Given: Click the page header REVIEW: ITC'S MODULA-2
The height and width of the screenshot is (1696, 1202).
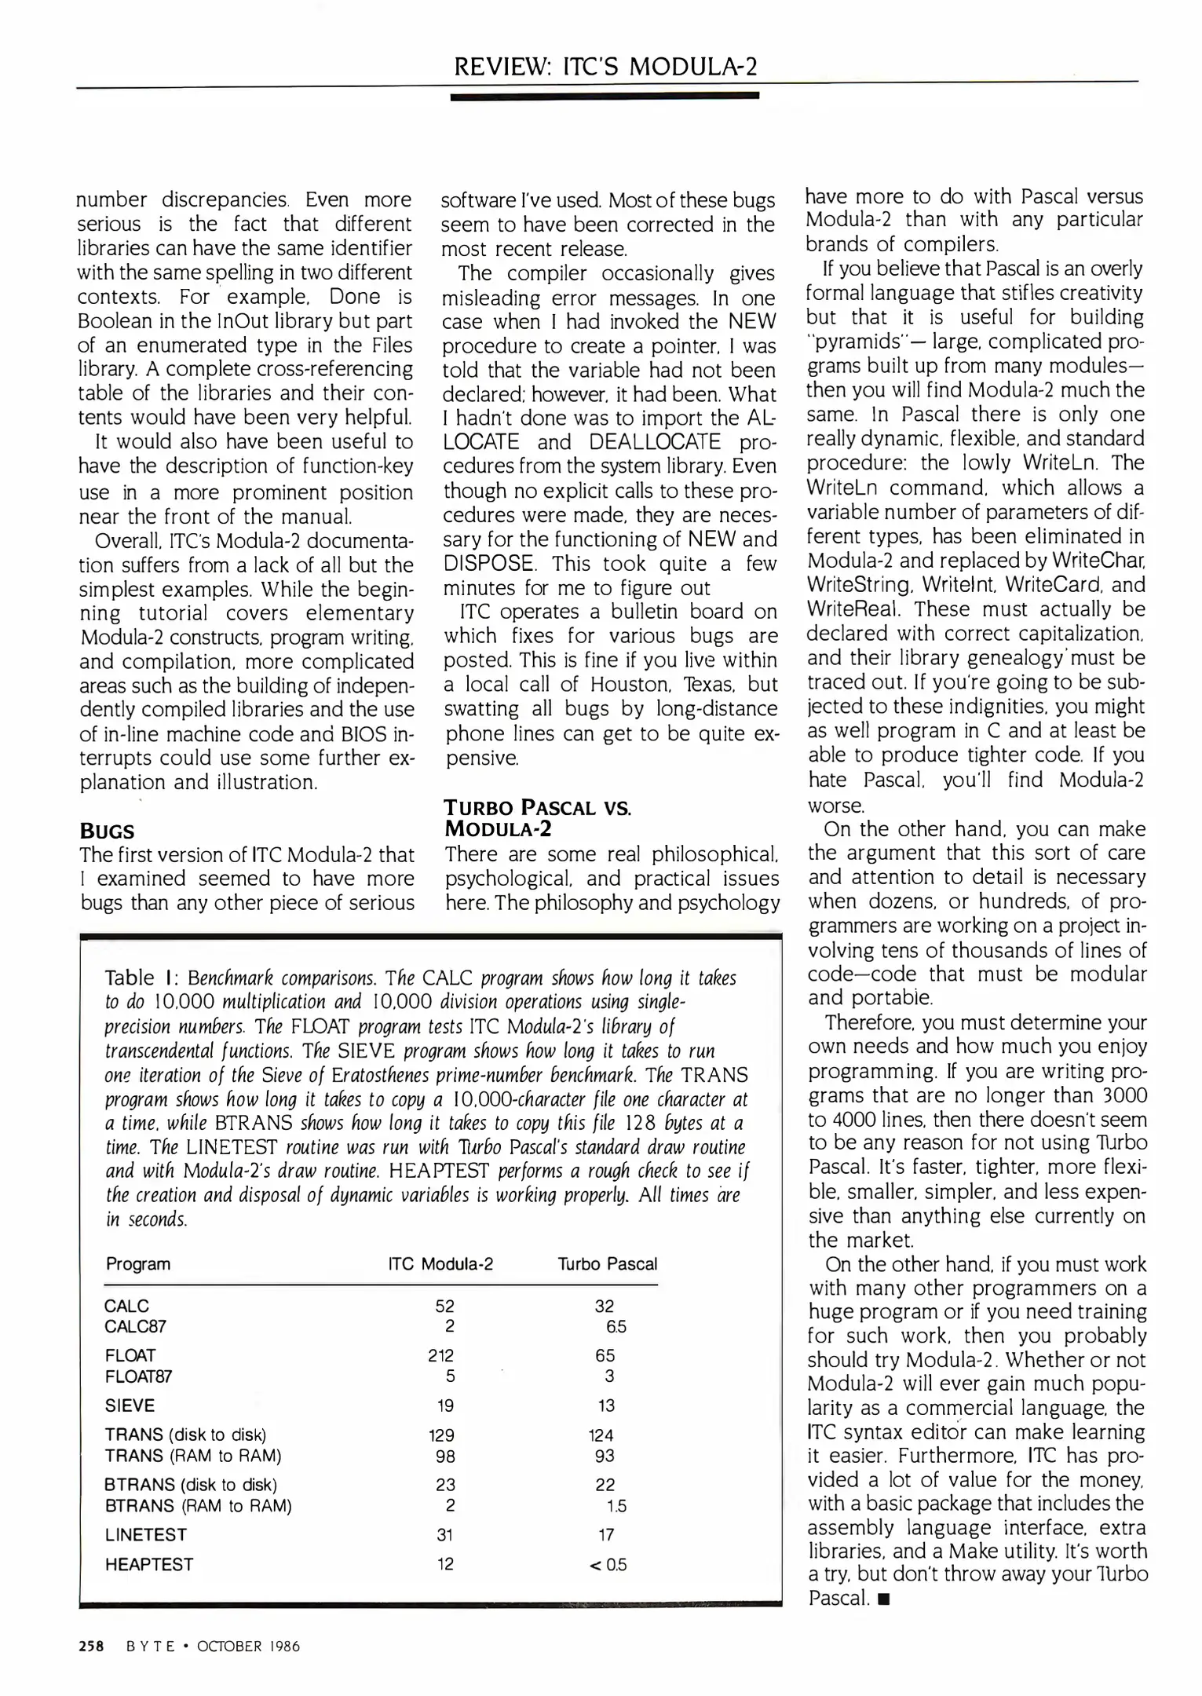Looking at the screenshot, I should pos(605,66).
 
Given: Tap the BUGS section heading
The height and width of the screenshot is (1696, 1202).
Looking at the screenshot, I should pos(107,832).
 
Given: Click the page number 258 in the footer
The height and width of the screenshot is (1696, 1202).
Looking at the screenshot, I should pos(92,1646).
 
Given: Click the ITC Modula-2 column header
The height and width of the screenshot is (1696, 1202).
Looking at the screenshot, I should pos(440,1264).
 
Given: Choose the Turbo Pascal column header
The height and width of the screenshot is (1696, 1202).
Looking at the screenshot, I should pos(607,1264).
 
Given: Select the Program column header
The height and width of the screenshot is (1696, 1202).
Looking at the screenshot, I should pos(138,1264).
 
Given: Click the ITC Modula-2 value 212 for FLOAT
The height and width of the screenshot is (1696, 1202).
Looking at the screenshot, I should pos(441,1355).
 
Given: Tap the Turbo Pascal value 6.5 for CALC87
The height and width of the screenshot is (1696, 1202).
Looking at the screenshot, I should pos(615,1327).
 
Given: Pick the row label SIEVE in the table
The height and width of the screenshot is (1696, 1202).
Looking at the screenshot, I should pos(130,1405).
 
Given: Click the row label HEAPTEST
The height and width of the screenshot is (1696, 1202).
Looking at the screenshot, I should pos(149,1564).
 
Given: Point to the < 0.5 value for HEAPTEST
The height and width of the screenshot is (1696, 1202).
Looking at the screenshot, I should pos(608,1564).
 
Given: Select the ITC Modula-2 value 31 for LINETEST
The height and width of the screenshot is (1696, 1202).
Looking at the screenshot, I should pos(444,1534).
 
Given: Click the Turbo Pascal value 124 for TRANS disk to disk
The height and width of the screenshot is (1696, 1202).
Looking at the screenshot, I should pos(601,1435).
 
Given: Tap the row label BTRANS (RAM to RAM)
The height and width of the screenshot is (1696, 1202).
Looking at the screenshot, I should pos(198,1505).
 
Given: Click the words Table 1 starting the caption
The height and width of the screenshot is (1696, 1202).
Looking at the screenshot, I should pos(138,978).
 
